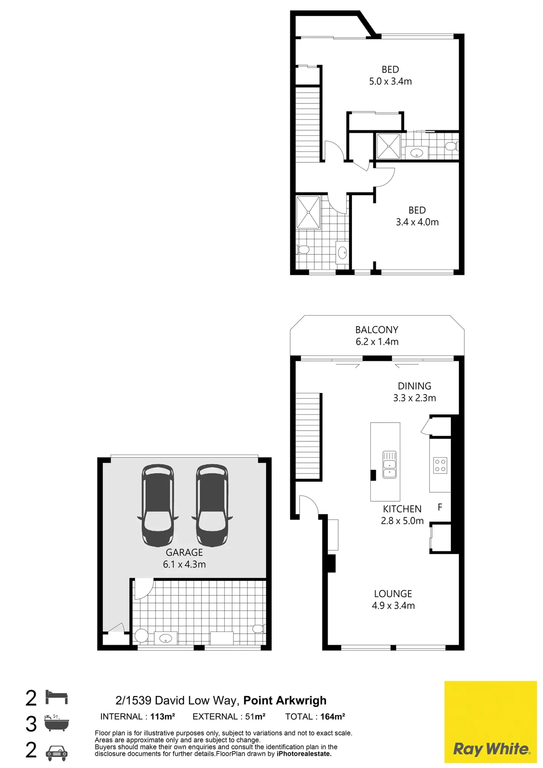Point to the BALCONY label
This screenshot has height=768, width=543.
(377, 330)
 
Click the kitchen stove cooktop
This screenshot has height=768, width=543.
(440, 465)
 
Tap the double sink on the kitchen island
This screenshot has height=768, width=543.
(389, 465)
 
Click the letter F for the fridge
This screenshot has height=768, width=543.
(440, 507)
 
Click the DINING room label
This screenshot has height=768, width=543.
(415, 386)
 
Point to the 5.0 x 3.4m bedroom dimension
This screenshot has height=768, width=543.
(390, 81)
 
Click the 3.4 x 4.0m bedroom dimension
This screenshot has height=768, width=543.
(417, 222)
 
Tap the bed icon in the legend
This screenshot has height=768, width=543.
(57, 698)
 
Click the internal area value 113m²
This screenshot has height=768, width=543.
(163, 716)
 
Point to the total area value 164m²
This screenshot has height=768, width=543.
(332, 716)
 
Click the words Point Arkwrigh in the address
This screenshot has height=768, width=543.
(285, 700)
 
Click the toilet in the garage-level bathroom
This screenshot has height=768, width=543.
(258, 628)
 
